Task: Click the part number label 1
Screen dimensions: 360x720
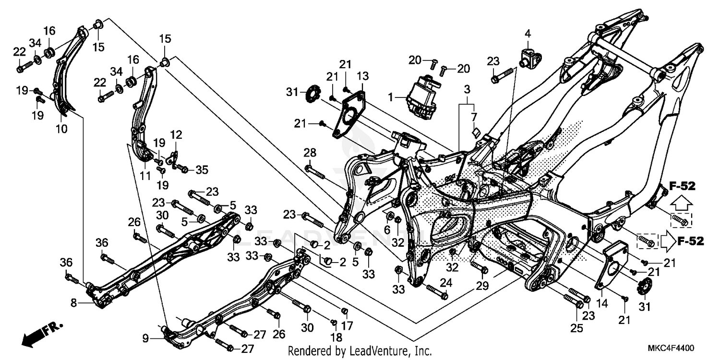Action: [391, 97]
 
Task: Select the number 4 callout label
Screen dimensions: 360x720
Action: [528, 34]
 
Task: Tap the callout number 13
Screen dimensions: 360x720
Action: [363, 76]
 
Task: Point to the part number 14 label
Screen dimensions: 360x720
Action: [602, 303]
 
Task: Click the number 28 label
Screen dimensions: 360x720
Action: [310, 153]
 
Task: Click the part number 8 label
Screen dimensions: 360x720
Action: [73, 303]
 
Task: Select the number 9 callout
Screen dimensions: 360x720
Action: [145, 337]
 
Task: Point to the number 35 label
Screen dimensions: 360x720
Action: [202, 169]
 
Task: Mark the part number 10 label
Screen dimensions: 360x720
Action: [62, 129]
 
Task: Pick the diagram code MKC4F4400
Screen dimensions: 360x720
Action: [672, 348]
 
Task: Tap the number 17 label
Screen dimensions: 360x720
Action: [347, 325]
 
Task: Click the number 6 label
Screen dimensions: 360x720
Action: [387, 230]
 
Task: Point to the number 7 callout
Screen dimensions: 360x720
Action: [473, 117]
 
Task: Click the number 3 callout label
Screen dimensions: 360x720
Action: [466, 89]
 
